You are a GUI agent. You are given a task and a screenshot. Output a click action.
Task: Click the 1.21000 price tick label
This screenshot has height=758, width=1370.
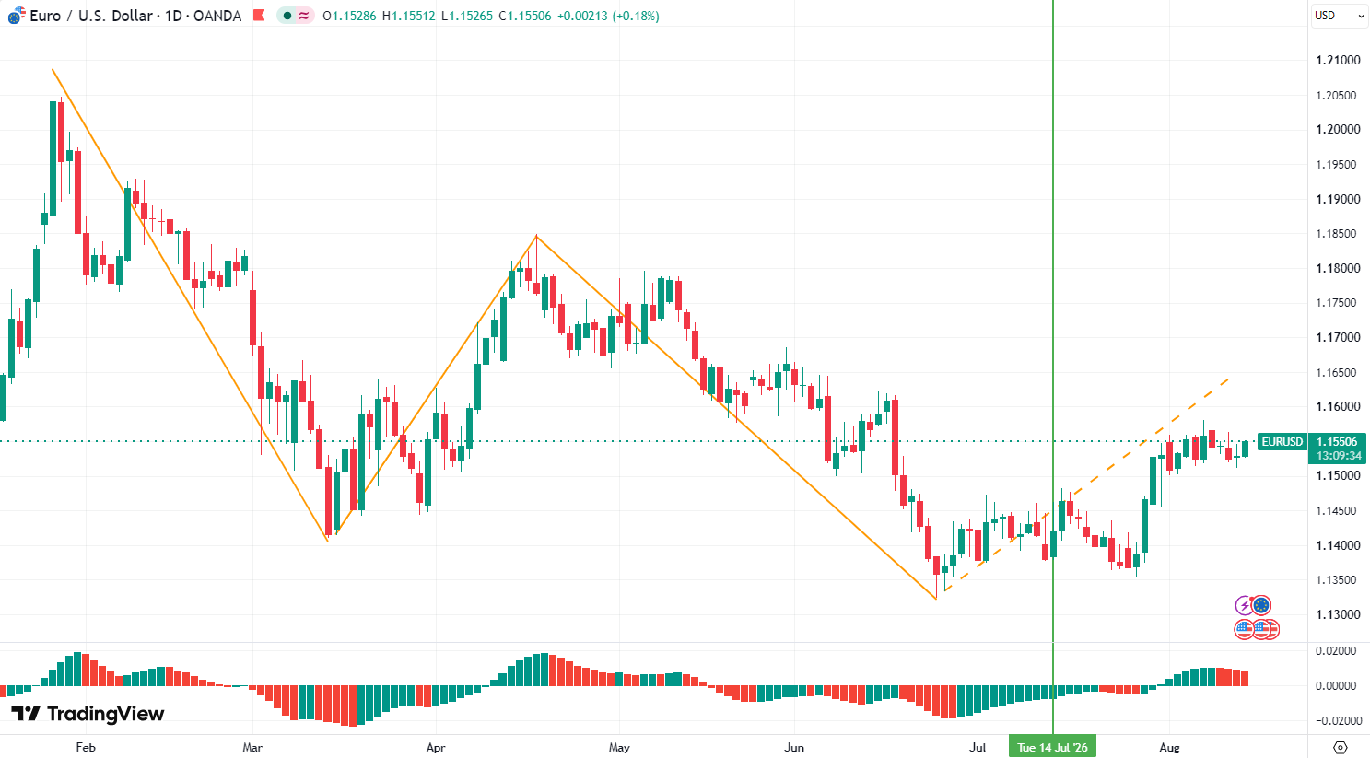coord(1338,60)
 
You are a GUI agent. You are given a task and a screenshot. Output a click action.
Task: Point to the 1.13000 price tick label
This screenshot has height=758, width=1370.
coord(1338,614)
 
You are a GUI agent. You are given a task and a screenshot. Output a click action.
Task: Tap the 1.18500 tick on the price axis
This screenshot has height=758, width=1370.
coord(1338,234)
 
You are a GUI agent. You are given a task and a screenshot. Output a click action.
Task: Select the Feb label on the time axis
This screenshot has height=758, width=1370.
coord(86,747)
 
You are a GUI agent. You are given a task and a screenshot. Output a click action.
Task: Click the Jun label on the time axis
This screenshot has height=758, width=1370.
coord(794,747)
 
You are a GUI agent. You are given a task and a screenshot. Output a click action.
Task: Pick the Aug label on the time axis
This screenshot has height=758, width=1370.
coord(1169,747)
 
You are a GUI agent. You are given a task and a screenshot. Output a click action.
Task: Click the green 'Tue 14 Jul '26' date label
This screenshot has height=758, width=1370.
coord(1052,747)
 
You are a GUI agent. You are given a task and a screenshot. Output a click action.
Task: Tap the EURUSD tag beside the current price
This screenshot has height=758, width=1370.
coord(1282,441)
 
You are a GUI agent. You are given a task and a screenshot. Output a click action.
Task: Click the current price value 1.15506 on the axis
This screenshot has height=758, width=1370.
coord(1337,441)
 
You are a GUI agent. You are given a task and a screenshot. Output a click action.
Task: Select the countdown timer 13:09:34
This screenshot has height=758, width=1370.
coord(1339,455)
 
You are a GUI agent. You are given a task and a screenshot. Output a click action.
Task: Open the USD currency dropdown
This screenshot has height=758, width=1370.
coord(1340,16)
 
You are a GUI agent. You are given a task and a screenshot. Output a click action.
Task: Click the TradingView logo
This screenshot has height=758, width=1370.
coord(88,714)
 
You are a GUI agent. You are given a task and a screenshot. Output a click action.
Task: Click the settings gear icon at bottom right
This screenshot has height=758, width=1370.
coord(1340,747)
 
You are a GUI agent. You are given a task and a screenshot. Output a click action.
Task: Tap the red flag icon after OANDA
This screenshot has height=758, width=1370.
coord(259,16)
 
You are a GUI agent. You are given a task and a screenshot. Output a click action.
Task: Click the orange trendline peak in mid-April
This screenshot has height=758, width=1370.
coord(536,236)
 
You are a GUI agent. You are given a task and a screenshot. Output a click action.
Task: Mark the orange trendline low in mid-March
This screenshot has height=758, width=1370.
coord(327,541)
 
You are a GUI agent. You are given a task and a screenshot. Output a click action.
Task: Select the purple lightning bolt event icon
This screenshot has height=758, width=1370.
coord(1244,605)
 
